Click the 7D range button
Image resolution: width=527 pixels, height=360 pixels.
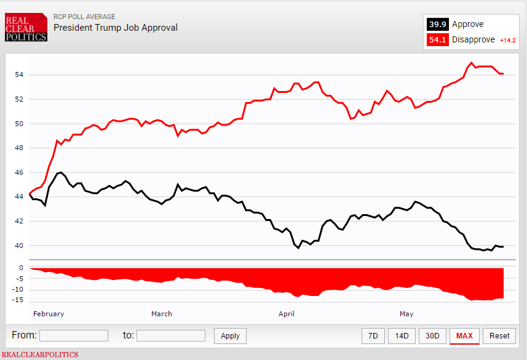point(373,335)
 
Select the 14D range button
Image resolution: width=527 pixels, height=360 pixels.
point(402,335)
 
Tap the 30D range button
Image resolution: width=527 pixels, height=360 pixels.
point(432,335)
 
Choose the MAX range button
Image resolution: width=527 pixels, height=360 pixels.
point(464,335)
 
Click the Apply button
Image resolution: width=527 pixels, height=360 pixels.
point(230,336)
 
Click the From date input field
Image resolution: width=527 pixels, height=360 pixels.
point(74,335)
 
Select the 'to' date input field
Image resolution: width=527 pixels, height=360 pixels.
point(170,335)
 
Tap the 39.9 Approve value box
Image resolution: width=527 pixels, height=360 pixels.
point(437,25)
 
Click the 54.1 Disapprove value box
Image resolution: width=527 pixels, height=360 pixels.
point(437,40)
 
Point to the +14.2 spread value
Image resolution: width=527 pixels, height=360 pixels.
point(507,41)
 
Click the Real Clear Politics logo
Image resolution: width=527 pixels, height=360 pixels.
point(26,28)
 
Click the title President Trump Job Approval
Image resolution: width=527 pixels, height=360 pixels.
point(115,28)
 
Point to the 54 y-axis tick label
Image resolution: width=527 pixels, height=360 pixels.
point(18,75)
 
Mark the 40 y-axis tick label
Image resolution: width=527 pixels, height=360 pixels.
point(18,246)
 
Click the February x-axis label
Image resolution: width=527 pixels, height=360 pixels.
point(49,314)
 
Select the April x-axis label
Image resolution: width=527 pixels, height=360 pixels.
point(287,314)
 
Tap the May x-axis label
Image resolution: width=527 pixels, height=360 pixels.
point(406,314)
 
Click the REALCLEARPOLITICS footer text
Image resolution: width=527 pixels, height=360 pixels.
point(39,354)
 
